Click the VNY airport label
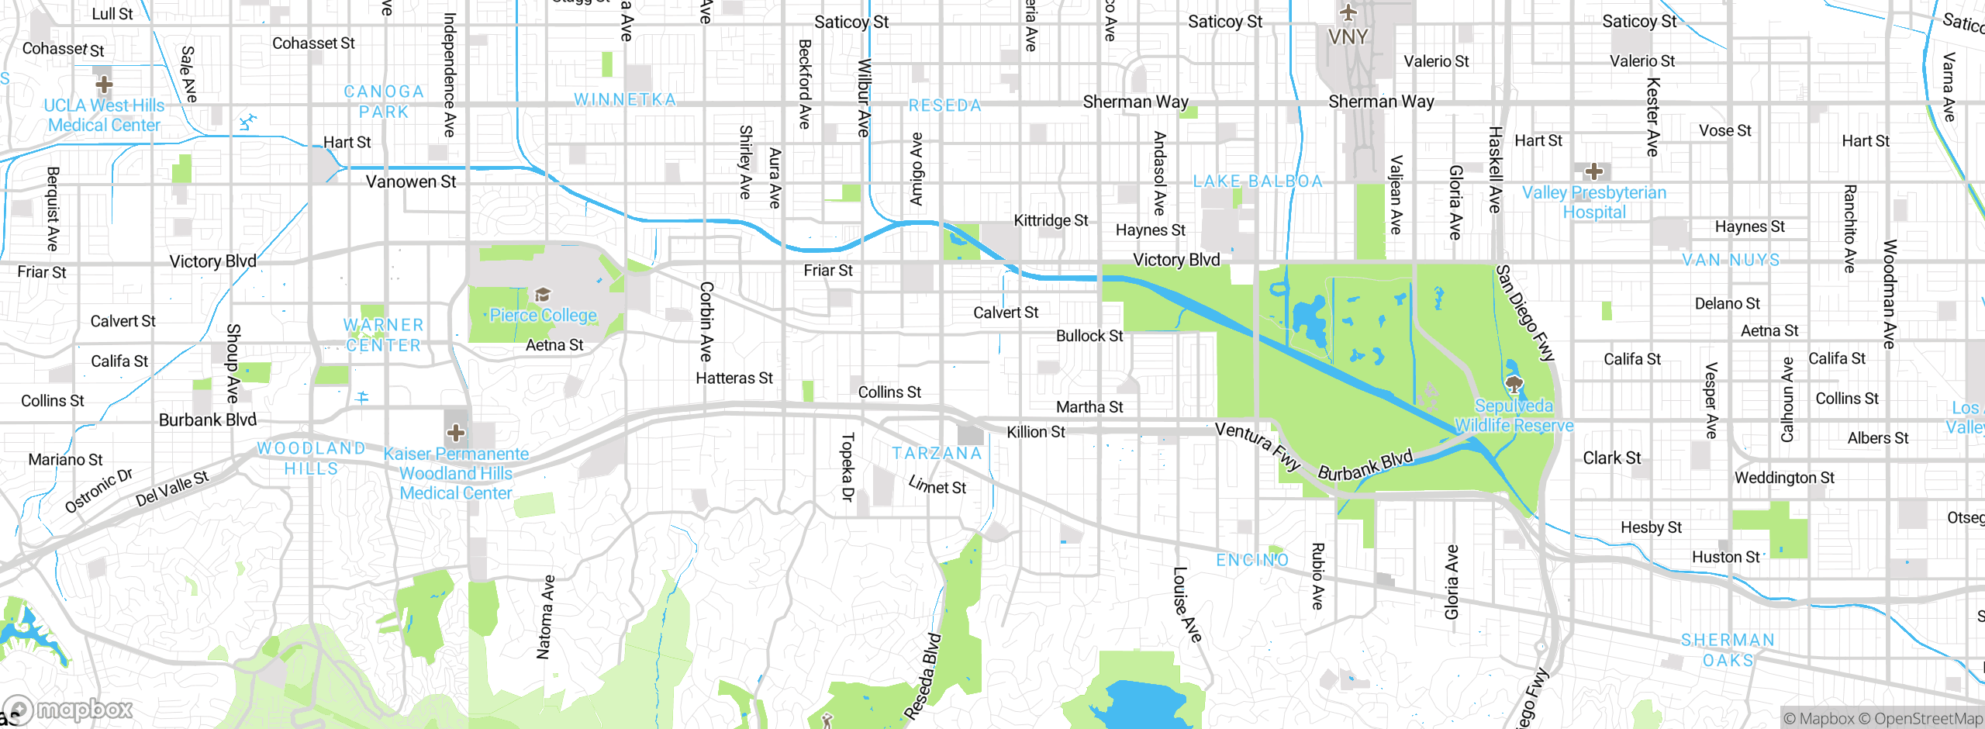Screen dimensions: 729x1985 1348,36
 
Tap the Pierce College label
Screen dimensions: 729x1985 543,316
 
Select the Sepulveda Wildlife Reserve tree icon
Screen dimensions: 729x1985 1514,383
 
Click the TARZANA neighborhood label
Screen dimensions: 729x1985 937,454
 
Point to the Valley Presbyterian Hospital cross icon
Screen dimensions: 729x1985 1594,171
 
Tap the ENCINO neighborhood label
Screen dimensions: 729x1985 1252,560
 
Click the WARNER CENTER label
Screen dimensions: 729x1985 384,335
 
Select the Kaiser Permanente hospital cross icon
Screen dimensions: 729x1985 456,432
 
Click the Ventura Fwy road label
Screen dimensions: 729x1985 1257,446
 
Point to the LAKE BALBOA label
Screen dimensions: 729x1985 1257,181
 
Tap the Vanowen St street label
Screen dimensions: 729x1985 411,182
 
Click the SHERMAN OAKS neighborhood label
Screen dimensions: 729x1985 1728,650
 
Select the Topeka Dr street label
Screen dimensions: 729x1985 847,467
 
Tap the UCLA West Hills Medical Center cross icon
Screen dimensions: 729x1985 104,84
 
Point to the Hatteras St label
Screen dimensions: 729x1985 734,378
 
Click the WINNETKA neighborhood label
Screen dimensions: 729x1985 625,100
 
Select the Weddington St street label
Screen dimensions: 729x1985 1784,478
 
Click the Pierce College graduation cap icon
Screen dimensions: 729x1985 543,295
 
